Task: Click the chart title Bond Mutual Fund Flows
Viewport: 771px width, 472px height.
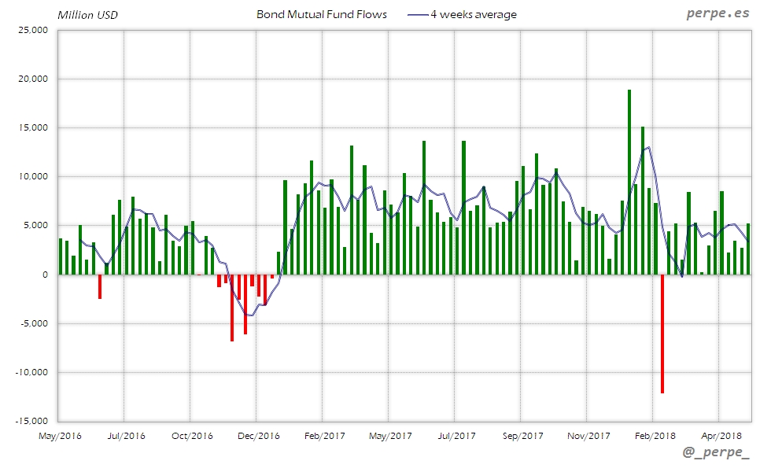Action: coord(322,14)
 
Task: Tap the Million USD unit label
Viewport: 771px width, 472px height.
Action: coord(87,15)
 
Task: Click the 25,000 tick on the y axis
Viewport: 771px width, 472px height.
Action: coord(33,30)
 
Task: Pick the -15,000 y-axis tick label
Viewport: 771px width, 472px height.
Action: coord(31,421)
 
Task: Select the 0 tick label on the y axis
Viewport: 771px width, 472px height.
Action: coord(45,275)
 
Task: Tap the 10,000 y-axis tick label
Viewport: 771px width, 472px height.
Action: coord(33,177)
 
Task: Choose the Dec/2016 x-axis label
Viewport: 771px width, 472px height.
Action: coord(258,435)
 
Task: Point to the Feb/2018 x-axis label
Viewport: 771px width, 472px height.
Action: coord(655,435)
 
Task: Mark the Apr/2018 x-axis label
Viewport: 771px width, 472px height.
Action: coord(721,435)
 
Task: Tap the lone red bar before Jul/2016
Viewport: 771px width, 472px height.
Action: coord(100,286)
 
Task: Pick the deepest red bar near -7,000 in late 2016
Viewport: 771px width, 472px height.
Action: coord(232,308)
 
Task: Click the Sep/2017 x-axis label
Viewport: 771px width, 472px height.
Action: coord(522,435)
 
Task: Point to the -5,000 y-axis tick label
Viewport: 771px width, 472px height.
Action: coord(34,323)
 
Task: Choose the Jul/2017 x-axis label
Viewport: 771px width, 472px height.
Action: coord(456,435)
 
